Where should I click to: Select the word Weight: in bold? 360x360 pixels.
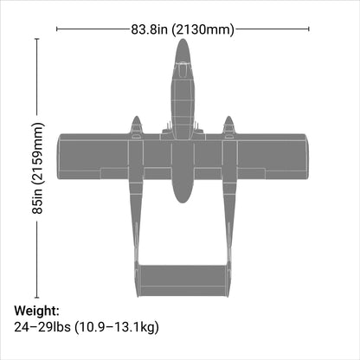pyautogui.click(x=36, y=311)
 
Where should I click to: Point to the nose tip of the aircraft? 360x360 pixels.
pyautogui.click(x=181, y=41)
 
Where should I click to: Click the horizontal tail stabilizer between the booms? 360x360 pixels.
pyautogui.click(x=181, y=276)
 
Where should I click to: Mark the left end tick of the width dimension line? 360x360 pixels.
pyautogui.click(x=56, y=29)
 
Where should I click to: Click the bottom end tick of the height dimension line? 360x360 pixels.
pyautogui.click(x=37, y=297)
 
